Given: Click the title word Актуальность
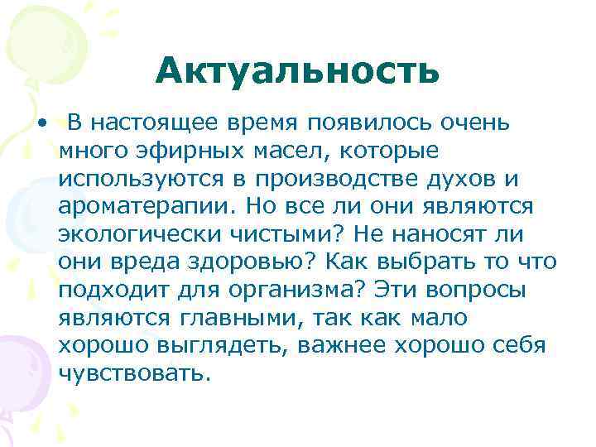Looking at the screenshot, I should pos(296,72).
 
